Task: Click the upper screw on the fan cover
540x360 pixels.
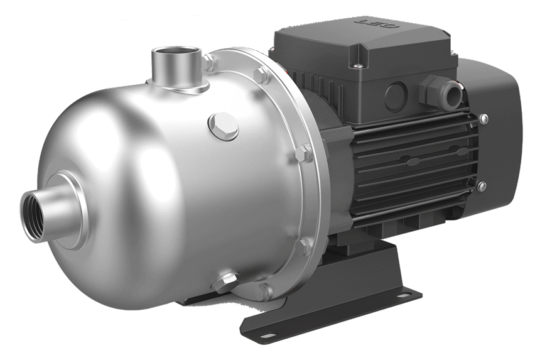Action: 483,118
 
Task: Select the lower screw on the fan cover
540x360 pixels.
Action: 482,185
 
